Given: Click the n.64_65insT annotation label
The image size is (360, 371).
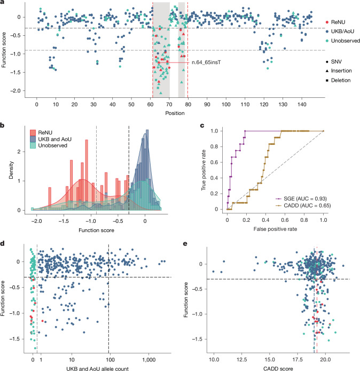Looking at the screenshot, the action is click(206, 63).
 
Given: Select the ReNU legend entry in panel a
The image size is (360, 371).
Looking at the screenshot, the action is click(335, 22).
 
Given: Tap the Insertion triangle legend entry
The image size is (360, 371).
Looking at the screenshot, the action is click(339, 71).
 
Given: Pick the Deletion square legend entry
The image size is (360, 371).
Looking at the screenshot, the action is click(338, 80).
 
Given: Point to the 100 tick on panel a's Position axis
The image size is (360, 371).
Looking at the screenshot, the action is click(226, 104).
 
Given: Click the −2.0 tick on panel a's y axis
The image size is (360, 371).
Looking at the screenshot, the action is click(16, 91).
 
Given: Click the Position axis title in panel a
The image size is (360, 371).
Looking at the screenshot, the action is click(175, 113).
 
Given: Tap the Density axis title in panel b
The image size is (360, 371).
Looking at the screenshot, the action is click(11, 170).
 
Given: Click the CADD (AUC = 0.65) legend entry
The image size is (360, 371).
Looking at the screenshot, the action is click(303, 206).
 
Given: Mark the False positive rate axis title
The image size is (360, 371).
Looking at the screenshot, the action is click(275, 229).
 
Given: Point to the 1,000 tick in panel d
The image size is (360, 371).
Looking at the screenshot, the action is click(148, 360).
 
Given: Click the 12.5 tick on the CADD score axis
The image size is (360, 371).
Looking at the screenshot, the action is click(241, 360).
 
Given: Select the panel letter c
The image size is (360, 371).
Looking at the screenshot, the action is click(202, 125).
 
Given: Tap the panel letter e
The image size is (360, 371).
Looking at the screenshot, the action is click(185, 243).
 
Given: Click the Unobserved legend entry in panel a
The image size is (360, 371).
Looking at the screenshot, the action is click(342, 41).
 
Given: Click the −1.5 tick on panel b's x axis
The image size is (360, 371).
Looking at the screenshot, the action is click(64, 221).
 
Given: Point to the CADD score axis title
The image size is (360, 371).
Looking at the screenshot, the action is click(278, 368).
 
